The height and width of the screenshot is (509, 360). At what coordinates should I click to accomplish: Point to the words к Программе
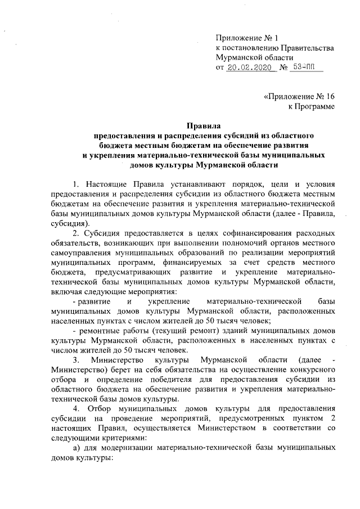[x=312, y=106]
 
